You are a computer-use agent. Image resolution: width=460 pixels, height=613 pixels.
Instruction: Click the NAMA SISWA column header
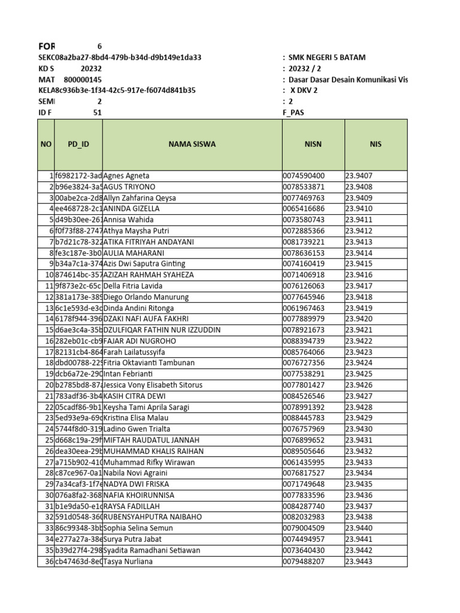point(192,144)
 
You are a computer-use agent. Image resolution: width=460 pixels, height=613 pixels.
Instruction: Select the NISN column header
point(313,144)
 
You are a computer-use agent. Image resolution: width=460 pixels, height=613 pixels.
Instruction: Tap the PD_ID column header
point(78,144)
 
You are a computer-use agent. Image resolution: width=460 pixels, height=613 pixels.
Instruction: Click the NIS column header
point(376,144)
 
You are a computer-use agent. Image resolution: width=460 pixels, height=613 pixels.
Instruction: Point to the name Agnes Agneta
point(126,176)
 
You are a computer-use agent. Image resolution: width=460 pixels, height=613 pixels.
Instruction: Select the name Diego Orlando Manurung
point(146,297)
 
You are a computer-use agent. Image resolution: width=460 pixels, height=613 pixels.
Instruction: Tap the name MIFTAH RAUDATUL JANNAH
point(152,440)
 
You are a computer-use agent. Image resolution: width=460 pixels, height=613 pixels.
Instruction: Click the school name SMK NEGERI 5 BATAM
point(326,58)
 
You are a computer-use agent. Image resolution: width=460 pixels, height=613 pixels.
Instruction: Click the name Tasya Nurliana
point(128,562)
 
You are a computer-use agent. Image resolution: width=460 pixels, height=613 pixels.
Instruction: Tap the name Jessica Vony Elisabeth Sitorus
point(153,385)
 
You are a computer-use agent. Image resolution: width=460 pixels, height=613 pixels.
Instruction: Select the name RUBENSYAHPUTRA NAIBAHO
point(153,517)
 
